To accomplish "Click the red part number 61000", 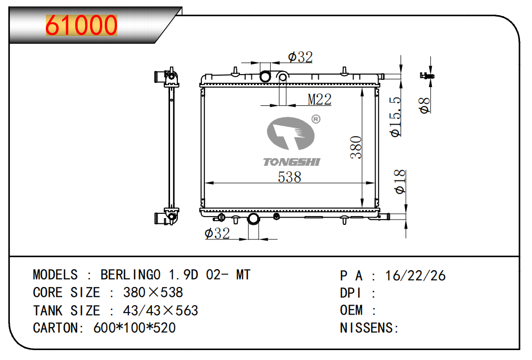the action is click(x=81, y=25).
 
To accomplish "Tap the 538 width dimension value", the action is click(x=289, y=177).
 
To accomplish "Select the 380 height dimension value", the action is click(x=356, y=148).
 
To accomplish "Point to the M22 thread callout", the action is click(x=319, y=100).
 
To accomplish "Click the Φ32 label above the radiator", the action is click(x=300, y=57).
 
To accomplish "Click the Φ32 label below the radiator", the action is click(x=217, y=233).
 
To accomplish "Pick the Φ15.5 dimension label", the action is click(x=395, y=117).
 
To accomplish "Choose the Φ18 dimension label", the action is click(x=400, y=182).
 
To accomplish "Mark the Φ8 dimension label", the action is click(x=425, y=105).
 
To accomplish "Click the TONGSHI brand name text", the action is click(x=292, y=162).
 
